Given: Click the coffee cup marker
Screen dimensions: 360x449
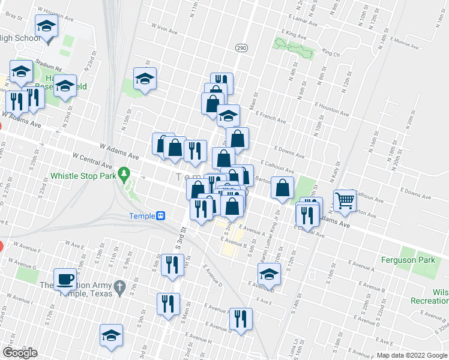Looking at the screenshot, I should click(x=65, y=278).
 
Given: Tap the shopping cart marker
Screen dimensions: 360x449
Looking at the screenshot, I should click(x=345, y=200).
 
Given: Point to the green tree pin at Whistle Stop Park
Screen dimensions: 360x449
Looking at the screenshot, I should click(x=124, y=174).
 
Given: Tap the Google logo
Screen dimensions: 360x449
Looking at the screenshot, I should click(x=20, y=353).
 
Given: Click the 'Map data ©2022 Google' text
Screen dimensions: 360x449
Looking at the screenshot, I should click(x=411, y=355).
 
